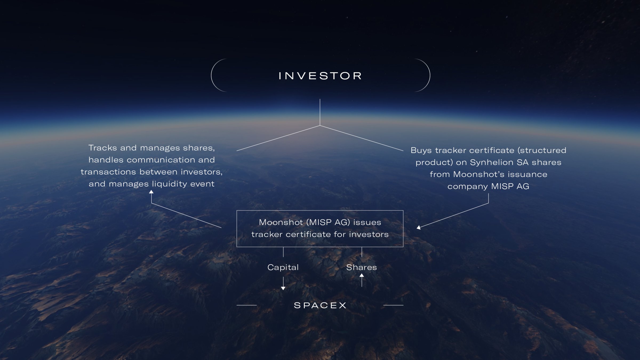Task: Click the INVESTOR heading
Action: click(320, 76)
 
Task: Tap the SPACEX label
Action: click(320, 305)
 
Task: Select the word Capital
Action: click(283, 267)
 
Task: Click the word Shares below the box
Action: click(361, 267)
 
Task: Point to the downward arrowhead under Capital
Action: click(283, 288)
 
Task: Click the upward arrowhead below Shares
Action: click(362, 275)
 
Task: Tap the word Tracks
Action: click(102, 148)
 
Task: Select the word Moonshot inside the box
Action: click(281, 222)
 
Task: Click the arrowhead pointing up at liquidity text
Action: click(151, 191)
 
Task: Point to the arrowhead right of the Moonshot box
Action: click(419, 227)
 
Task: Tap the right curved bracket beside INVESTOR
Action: click(429, 75)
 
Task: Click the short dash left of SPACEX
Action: click(246, 305)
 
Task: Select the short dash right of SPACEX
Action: click(393, 305)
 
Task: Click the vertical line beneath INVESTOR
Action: click(320, 112)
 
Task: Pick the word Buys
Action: click(421, 151)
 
